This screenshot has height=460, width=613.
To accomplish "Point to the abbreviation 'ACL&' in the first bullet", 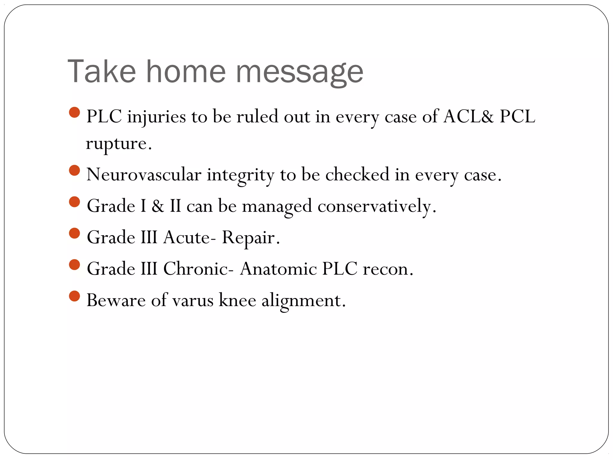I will pos(468,116).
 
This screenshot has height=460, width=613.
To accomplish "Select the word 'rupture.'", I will pos(119,144).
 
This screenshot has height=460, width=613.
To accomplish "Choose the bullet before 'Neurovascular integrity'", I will pos(74,170).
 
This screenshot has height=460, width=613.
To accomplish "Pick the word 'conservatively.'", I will pos(377,206).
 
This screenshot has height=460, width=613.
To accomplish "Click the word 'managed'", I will pos(277,206).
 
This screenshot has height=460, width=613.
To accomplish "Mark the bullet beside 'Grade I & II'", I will pos(74,202).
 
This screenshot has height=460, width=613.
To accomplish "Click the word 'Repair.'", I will pos(251,238).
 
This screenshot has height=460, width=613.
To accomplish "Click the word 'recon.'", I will pos(388,269).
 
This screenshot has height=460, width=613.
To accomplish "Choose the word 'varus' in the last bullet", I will pos(193,300).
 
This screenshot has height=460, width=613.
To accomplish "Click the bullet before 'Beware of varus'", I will pos(74,296).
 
